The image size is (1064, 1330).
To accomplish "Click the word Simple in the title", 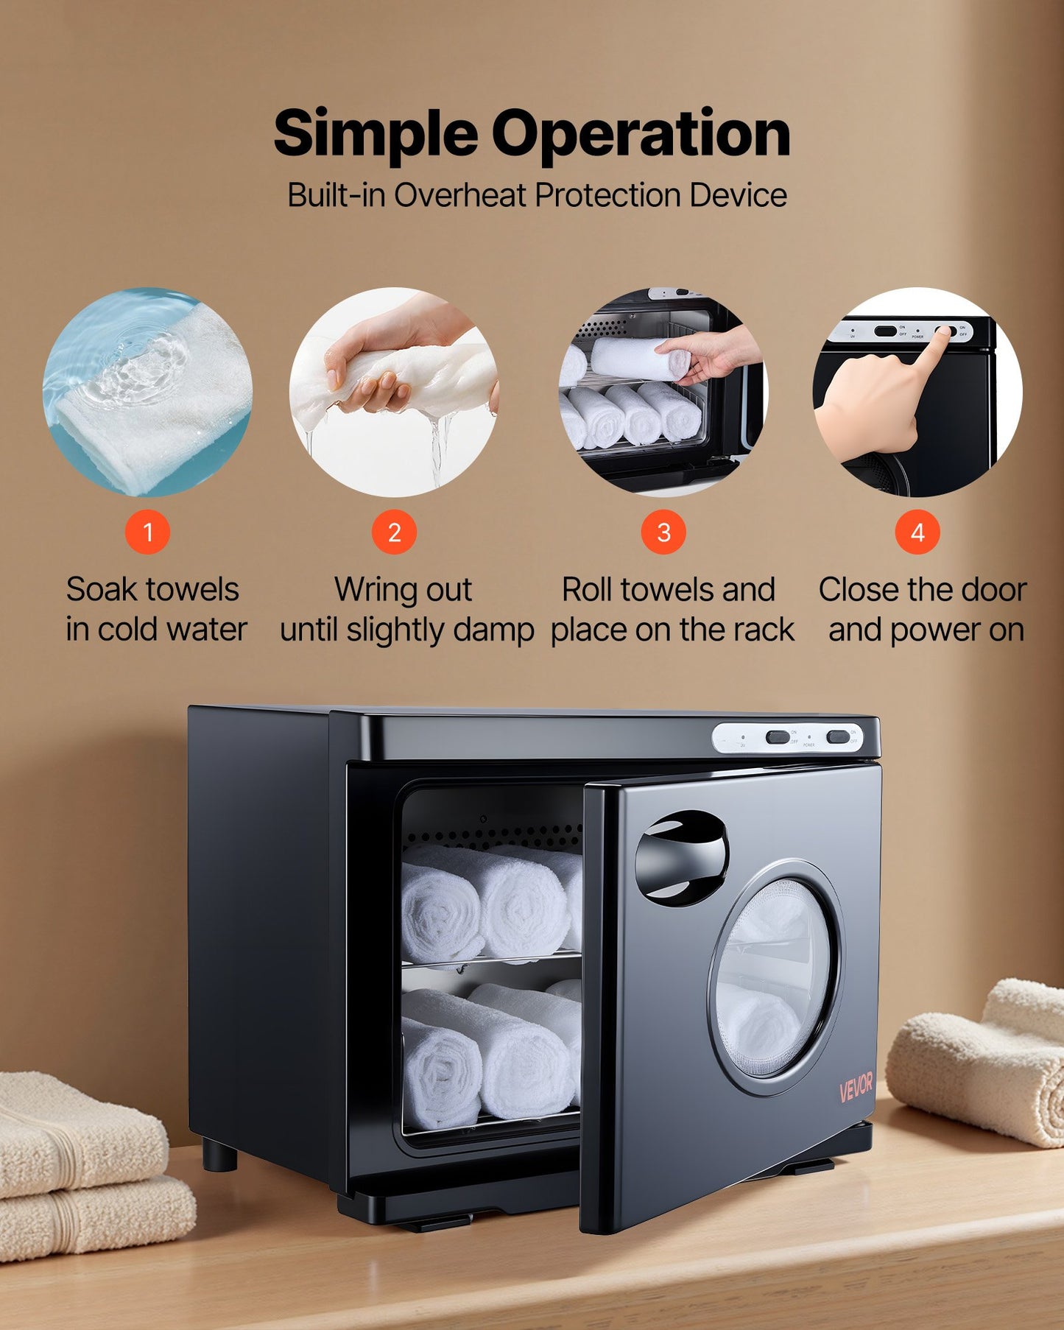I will pos(376,134).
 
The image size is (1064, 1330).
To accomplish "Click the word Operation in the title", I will pos(641,134).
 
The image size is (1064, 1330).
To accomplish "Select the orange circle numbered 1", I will pos(147,532).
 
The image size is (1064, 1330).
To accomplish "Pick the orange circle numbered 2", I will pos(394,532).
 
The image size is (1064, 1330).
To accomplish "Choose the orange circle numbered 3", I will pos(663,532).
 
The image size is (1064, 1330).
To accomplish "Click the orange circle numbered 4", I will pos(917,532).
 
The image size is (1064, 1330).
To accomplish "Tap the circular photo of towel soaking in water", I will pos(147,392).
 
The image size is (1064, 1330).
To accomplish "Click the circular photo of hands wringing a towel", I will pos(394,392).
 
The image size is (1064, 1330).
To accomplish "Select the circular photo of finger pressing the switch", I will pos(917,392).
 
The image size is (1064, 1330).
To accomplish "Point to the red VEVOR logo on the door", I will pos(856,1087).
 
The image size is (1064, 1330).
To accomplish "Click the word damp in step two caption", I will pos(503,630).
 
